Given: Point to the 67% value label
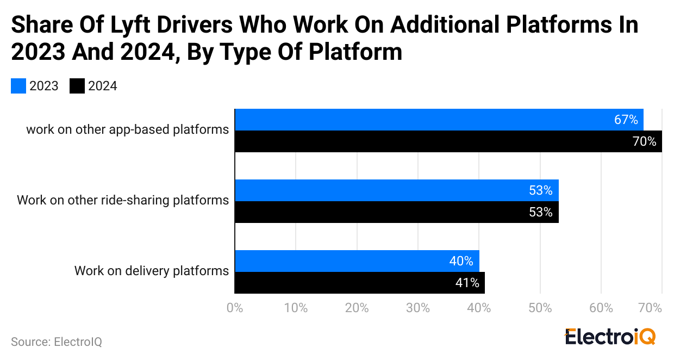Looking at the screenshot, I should pyautogui.click(x=626, y=120).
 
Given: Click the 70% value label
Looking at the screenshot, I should pyautogui.click(x=645, y=142).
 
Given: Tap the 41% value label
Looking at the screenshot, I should pyautogui.click(x=467, y=283).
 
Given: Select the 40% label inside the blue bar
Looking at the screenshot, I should pyautogui.click(x=461, y=261).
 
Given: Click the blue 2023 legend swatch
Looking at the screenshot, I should pyautogui.click(x=18, y=86).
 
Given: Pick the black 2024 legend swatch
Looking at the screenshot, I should pyautogui.click(x=77, y=86).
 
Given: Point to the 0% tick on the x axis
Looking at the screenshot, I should pyautogui.click(x=234, y=308).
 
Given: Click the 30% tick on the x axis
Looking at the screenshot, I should pyautogui.click(x=417, y=308).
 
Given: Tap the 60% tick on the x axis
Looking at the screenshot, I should pyautogui.click(x=601, y=308).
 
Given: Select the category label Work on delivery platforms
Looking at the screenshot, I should pyautogui.click(x=151, y=271).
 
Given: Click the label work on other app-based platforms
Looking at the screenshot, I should pyautogui.click(x=127, y=129).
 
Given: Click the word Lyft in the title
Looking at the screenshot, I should pyautogui.click(x=142, y=25).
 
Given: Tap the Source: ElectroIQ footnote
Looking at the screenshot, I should pyautogui.click(x=57, y=342).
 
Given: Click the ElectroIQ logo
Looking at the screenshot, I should pyautogui.click(x=610, y=336).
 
